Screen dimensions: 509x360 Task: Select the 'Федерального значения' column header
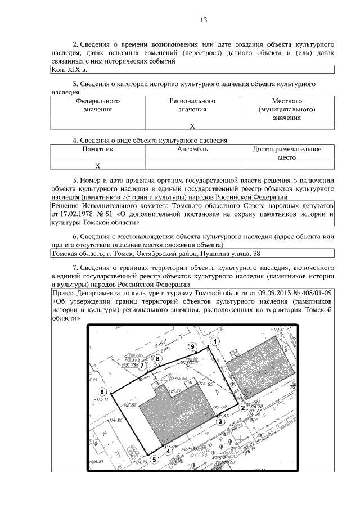98,105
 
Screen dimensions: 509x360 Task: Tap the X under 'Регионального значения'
192,126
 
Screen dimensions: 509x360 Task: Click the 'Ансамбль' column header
192,150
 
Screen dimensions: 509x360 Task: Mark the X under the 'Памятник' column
98,166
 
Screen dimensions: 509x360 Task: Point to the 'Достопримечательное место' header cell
287,154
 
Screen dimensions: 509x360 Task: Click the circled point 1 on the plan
214,341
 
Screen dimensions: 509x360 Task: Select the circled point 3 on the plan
221,421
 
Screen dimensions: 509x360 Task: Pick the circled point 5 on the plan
155,459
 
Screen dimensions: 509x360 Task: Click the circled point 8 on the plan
158,358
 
